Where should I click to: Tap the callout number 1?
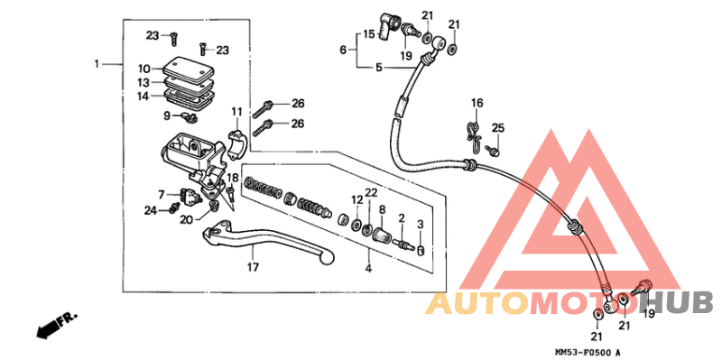[97, 64]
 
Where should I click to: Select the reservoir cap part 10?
[188, 69]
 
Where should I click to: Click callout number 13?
[143, 83]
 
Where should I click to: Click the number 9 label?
[167, 116]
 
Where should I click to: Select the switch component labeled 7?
[190, 196]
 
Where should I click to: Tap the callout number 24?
[150, 211]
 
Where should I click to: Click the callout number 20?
[186, 220]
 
